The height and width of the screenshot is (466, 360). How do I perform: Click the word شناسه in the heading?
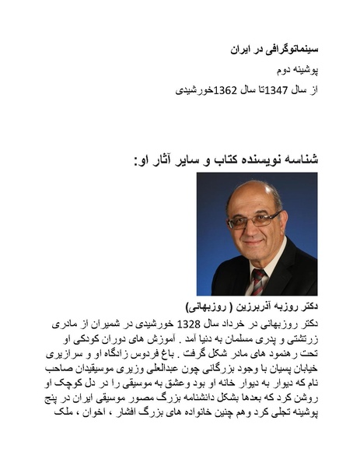(x=299, y=160)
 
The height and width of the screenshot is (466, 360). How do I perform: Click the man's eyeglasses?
(x=254, y=220)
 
